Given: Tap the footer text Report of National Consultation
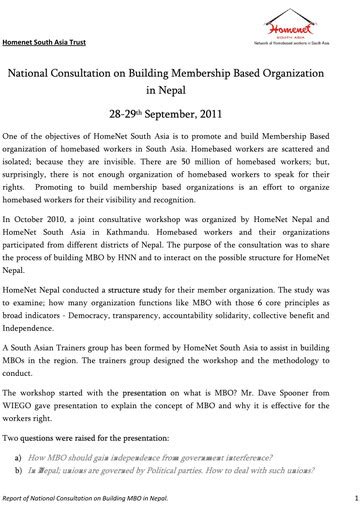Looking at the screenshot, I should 70,496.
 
